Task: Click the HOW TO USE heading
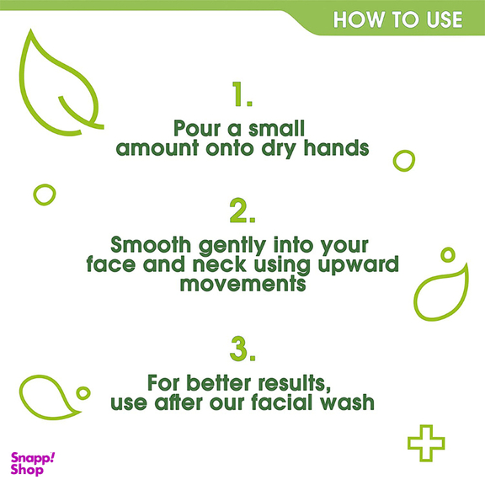[x=397, y=20]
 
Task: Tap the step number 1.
[x=242, y=94]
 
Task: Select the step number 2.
[x=242, y=211]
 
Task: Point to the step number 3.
[x=242, y=349]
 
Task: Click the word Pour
[x=197, y=128]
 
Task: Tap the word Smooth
[x=151, y=245]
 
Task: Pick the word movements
[x=242, y=284]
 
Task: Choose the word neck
[x=219, y=264]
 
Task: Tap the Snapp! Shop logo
[x=33, y=464]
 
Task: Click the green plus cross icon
[x=426, y=443]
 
